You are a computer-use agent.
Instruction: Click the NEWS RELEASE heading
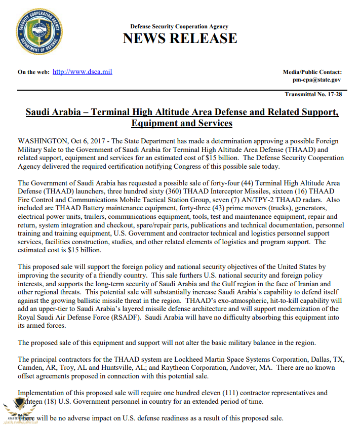180,38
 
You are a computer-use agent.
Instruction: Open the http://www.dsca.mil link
82,72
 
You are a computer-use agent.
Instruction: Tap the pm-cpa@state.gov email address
316,80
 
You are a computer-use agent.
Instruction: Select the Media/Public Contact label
312,72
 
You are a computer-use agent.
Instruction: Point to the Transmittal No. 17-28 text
313,95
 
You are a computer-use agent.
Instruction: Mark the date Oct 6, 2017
92,141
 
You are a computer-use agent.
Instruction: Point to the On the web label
33,72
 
